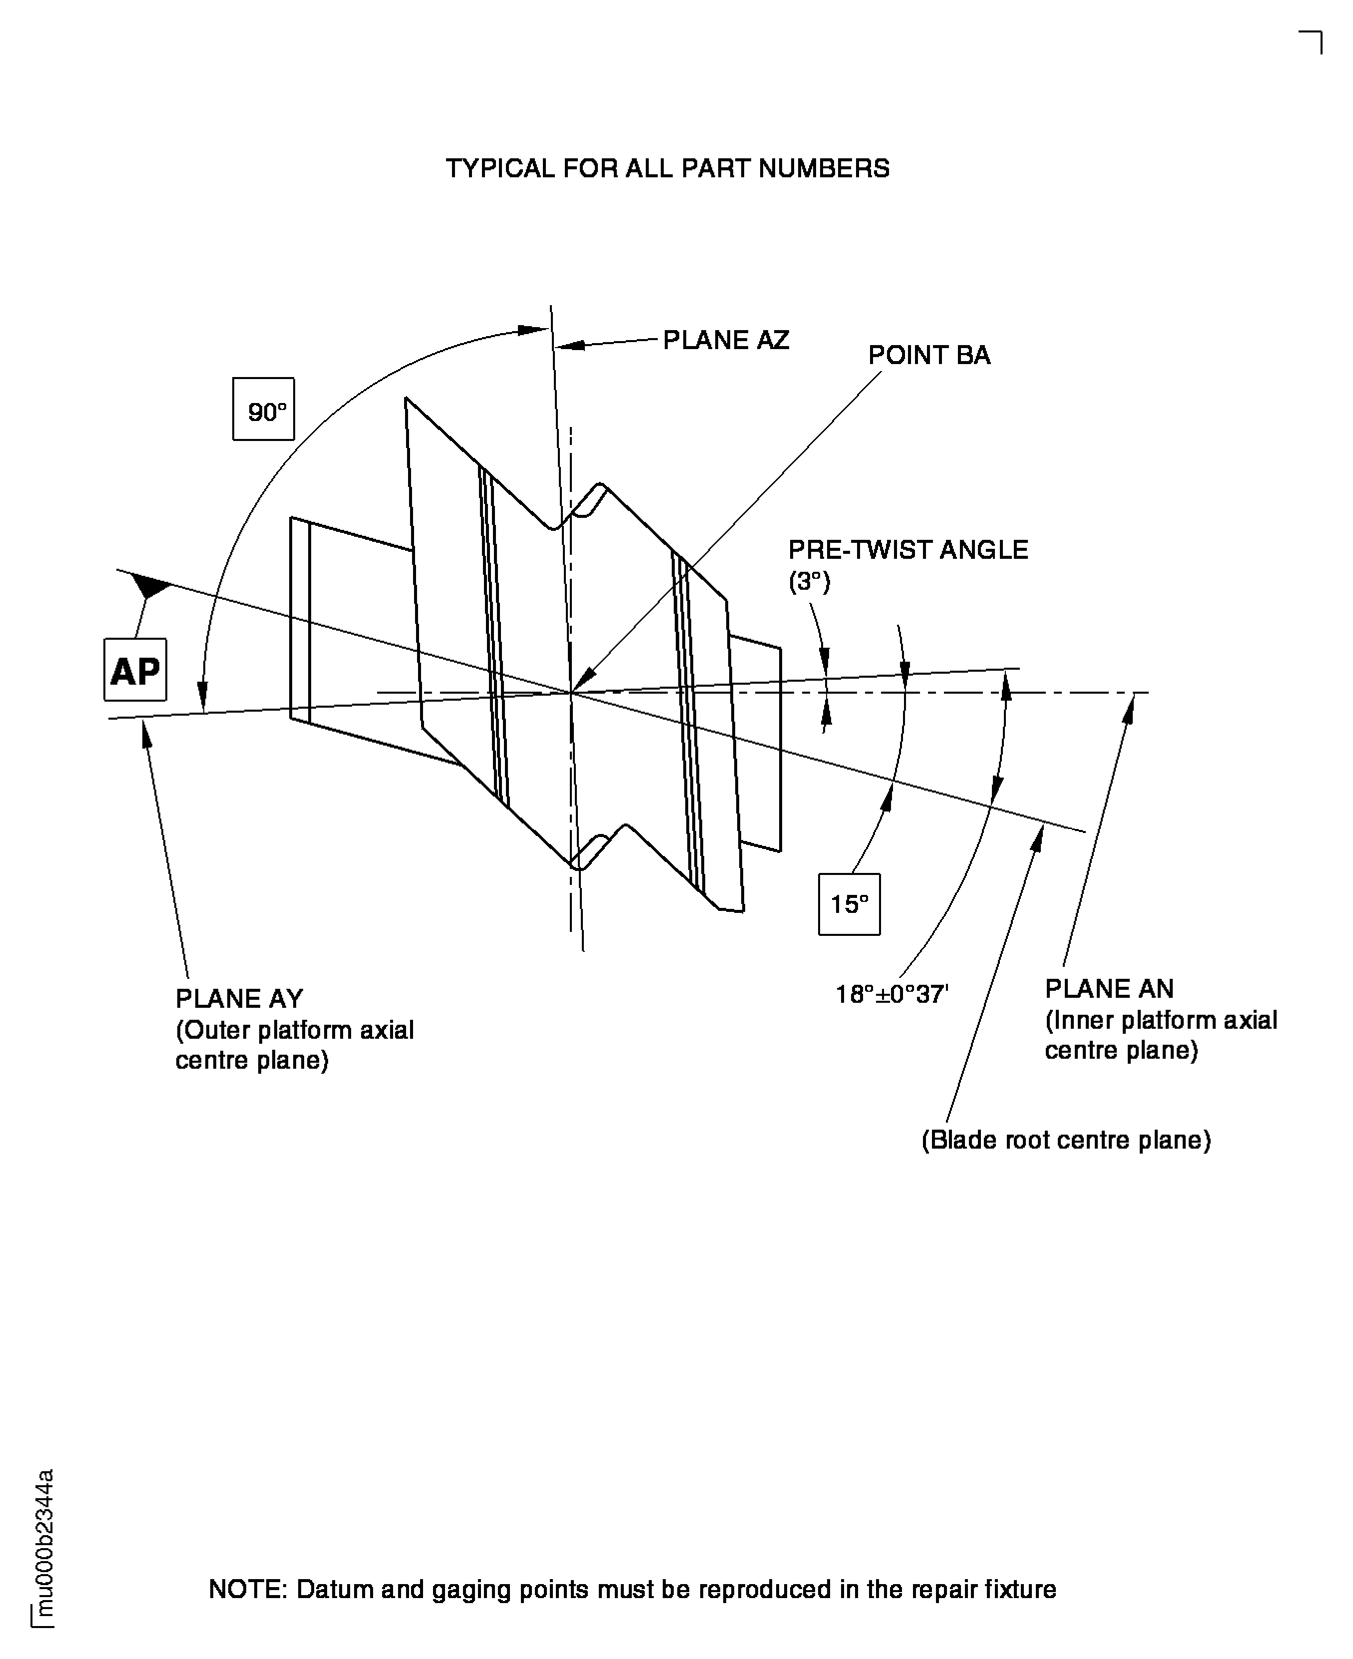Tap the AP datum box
coord(135,670)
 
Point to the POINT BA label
coord(929,356)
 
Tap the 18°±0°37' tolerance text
coord(892,994)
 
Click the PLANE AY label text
coord(239,998)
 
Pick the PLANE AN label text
coord(1108,988)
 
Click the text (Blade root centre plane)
coord(1065,1140)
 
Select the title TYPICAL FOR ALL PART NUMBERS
coord(667,168)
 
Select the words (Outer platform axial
coord(294,1030)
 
